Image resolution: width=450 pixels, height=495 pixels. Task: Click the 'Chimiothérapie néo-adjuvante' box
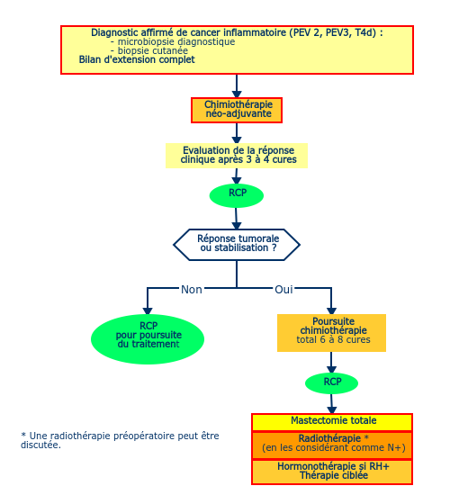(x=237, y=110)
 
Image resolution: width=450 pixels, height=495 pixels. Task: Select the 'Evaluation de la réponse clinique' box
(x=237, y=156)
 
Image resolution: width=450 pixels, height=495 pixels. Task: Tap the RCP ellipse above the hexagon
(x=237, y=195)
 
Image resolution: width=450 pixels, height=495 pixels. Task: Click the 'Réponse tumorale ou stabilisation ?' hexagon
(x=237, y=245)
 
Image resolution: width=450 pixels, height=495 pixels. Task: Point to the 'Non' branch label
(x=192, y=290)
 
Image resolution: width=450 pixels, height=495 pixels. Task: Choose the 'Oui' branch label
(x=283, y=290)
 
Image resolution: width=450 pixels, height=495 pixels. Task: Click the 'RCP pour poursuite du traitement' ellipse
(x=148, y=339)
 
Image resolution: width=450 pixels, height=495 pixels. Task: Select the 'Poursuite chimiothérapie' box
(x=331, y=333)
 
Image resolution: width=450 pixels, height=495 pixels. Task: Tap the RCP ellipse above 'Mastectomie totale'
(x=331, y=383)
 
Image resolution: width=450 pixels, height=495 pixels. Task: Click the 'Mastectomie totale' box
(x=332, y=422)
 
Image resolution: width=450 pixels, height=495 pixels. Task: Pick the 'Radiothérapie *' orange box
(x=332, y=445)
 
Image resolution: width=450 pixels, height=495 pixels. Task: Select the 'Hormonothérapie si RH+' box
(x=332, y=472)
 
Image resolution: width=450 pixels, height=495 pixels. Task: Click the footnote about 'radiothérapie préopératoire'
(x=120, y=440)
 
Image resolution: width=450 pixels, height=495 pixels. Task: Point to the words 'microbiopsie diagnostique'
(x=176, y=41)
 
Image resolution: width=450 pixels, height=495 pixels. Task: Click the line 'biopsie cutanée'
(x=153, y=50)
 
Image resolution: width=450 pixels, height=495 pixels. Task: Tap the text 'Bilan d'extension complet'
(x=137, y=59)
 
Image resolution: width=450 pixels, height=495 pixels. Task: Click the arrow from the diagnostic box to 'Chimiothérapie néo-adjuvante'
(x=237, y=85)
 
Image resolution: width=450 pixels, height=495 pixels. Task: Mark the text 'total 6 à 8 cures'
(x=333, y=339)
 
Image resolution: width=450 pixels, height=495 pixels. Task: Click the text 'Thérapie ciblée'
(x=334, y=475)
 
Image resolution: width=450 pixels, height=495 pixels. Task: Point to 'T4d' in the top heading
(x=365, y=32)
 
